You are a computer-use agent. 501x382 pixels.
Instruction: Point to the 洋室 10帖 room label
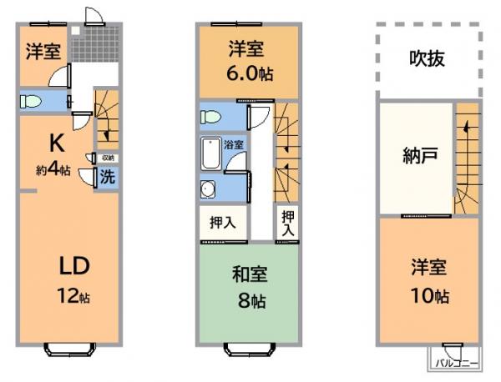pos(428,282)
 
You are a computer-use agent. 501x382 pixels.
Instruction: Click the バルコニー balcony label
pos(454,363)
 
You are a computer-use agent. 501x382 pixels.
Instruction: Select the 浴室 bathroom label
pos(234,144)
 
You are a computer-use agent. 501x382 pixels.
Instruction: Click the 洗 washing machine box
pos(108,176)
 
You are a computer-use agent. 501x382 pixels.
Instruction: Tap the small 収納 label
pos(109,158)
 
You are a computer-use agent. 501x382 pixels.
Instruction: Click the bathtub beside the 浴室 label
pos(210,154)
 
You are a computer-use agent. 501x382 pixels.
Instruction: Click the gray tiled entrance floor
pos(96,47)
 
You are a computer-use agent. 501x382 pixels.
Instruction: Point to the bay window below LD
pos(70,349)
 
